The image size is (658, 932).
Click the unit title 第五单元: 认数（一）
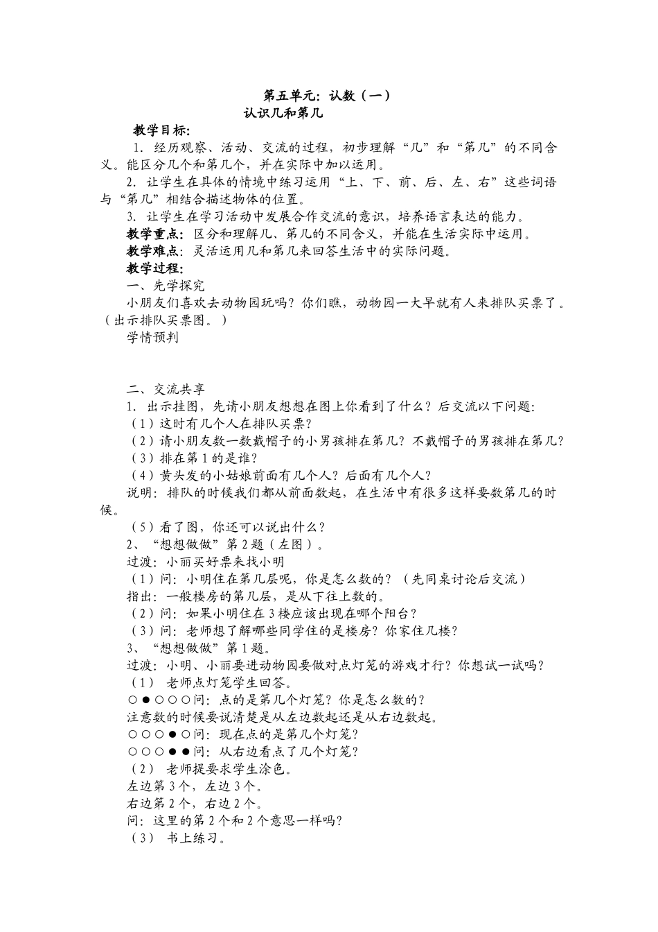[328, 96]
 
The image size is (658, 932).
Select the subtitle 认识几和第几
[284, 113]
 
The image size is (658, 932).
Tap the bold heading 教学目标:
[162, 130]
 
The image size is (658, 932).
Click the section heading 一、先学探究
[166, 286]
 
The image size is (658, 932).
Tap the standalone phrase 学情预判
[152, 337]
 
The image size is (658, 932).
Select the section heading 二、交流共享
[166, 389]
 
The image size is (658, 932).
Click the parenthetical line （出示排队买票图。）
[163, 320]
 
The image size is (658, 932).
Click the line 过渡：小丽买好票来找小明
[205, 562]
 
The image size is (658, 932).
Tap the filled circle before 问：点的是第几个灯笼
[146, 700]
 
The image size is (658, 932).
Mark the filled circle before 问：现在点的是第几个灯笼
[172, 734]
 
